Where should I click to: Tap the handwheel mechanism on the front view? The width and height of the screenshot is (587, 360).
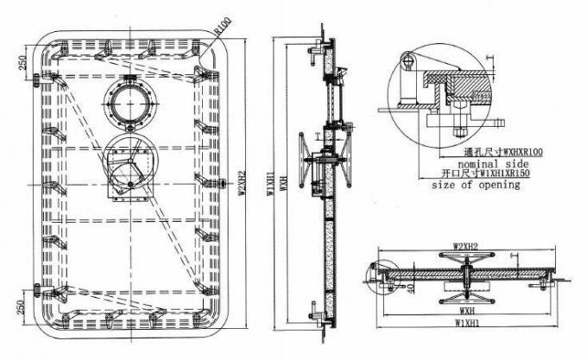pos(127,163)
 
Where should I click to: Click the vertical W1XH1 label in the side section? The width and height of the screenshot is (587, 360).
pos(270,185)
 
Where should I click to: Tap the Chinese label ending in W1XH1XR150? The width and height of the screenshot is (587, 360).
pos(483,174)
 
